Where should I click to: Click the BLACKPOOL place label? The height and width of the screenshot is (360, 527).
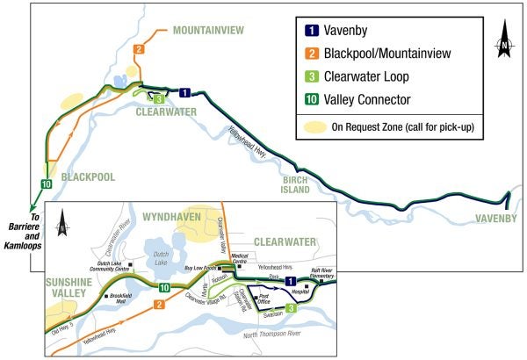point(88,177)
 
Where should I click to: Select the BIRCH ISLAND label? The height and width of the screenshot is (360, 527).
point(295,184)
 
